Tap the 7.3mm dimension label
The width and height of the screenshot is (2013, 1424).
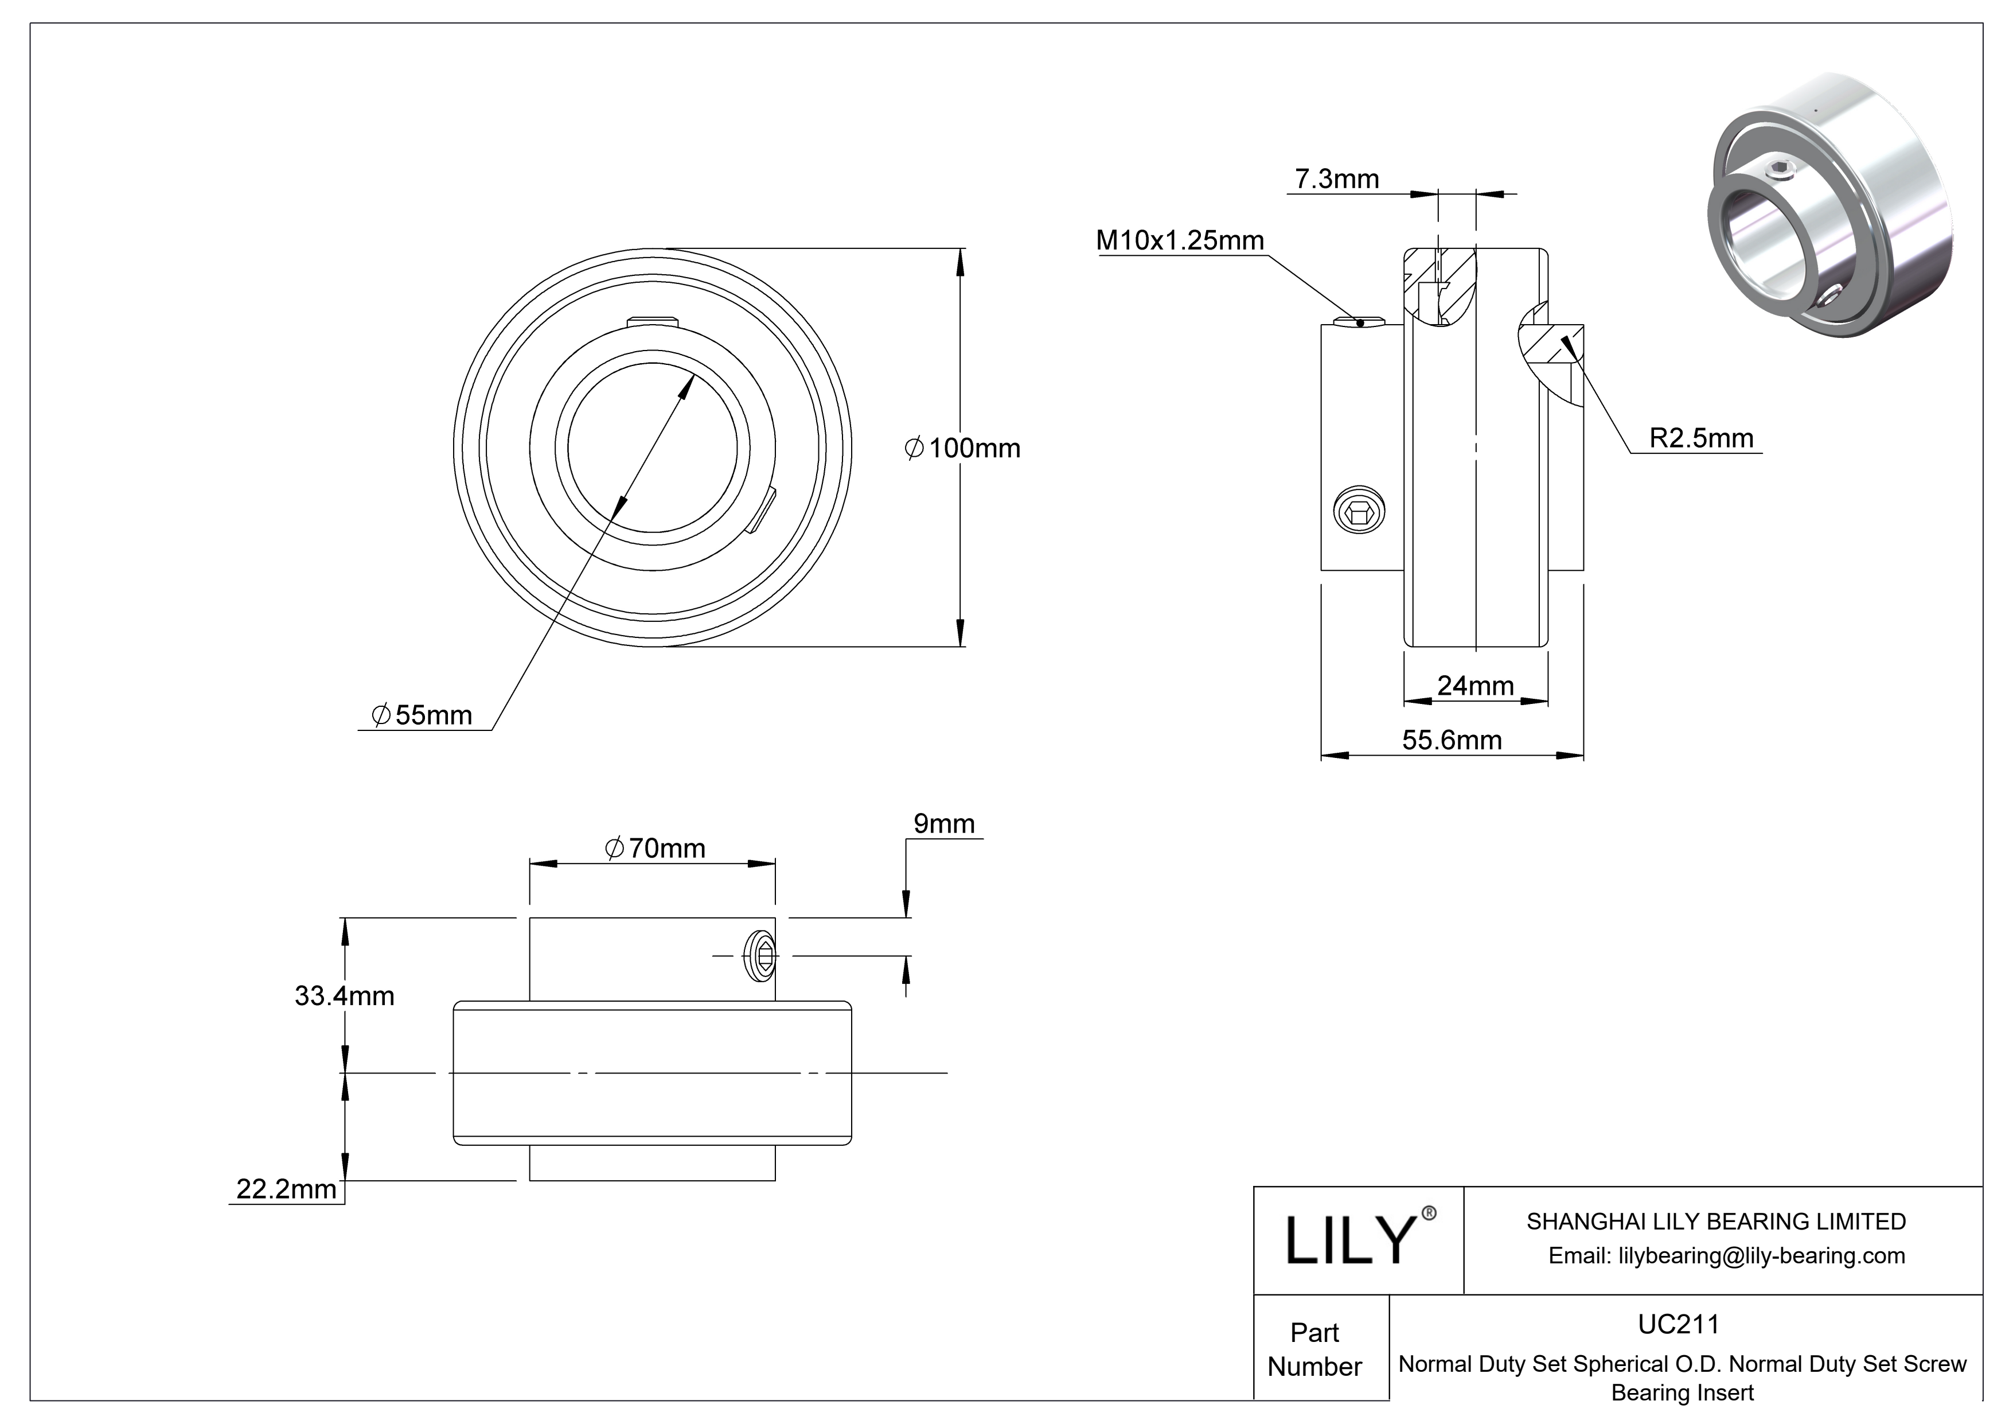point(1337,179)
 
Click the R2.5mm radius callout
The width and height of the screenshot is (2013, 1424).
point(1701,438)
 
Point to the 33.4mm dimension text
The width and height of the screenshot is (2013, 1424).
point(345,995)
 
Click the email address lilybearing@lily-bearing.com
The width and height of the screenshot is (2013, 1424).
point(1726,1256)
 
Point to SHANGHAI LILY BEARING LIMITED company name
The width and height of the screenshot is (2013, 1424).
point(1716,1221)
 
